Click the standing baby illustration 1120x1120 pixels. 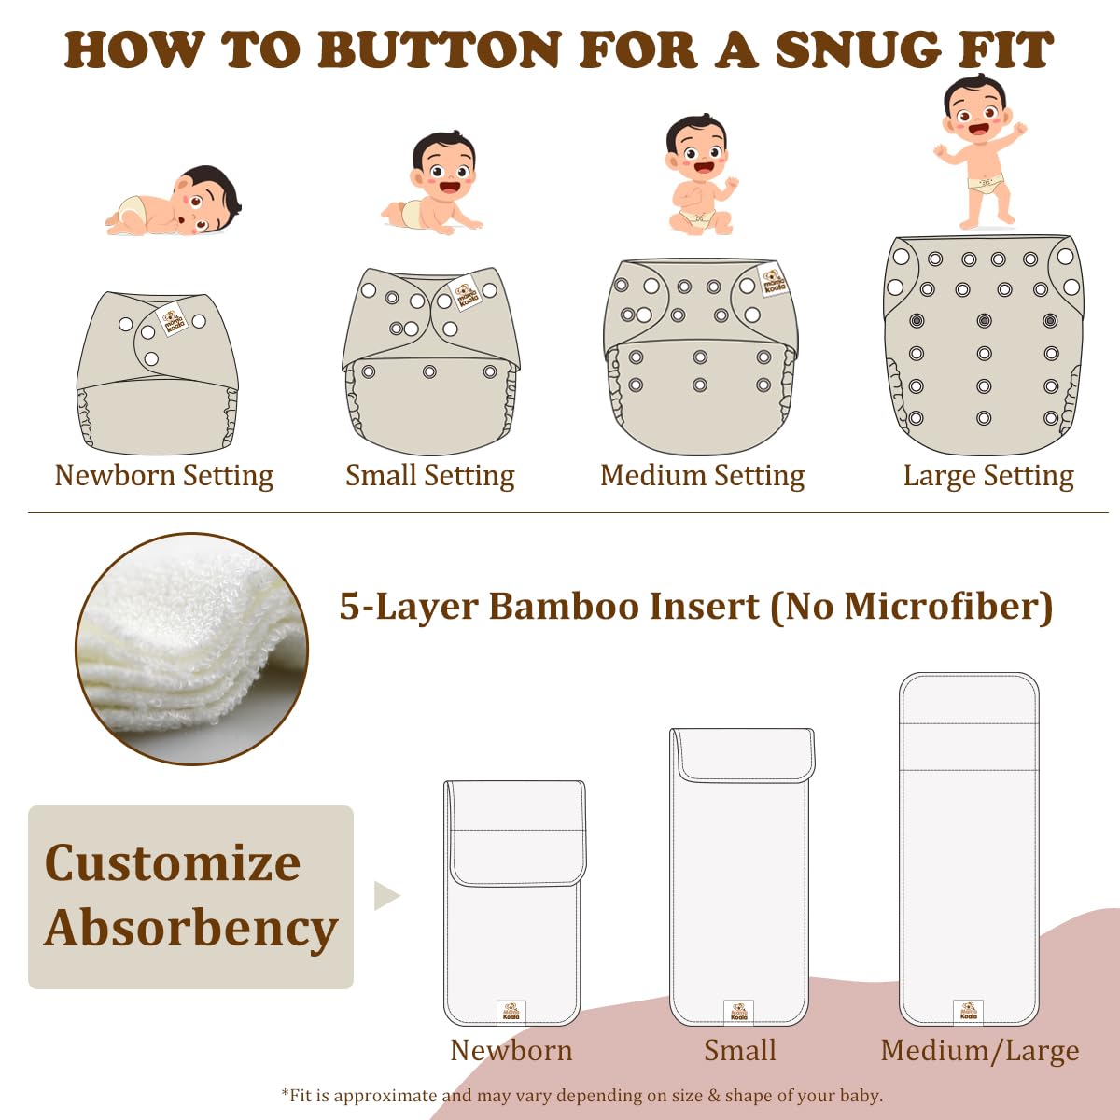click(x=980, y=149)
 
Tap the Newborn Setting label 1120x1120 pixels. click(x=164, y=476)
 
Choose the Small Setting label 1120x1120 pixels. click(x=429, y=476)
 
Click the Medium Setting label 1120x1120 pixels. click(x=702, y=476)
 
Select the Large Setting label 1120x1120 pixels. click(x=988, y=476)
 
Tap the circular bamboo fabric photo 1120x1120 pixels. click(x=191, y=649)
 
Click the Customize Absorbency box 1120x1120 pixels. click(x=190, y=896)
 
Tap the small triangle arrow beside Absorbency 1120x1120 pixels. click(x=385, y=895)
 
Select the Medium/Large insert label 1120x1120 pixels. click(x=979, y=1051)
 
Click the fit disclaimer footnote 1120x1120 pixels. click(x=581, y=1095)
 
